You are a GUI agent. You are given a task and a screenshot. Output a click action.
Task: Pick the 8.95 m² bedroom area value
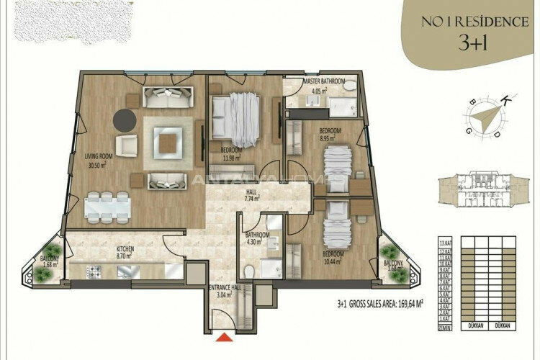point(330,138)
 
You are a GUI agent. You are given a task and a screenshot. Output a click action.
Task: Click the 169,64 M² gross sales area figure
point(405,303)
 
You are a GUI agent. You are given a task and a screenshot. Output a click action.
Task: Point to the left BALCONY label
point(49,258)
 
